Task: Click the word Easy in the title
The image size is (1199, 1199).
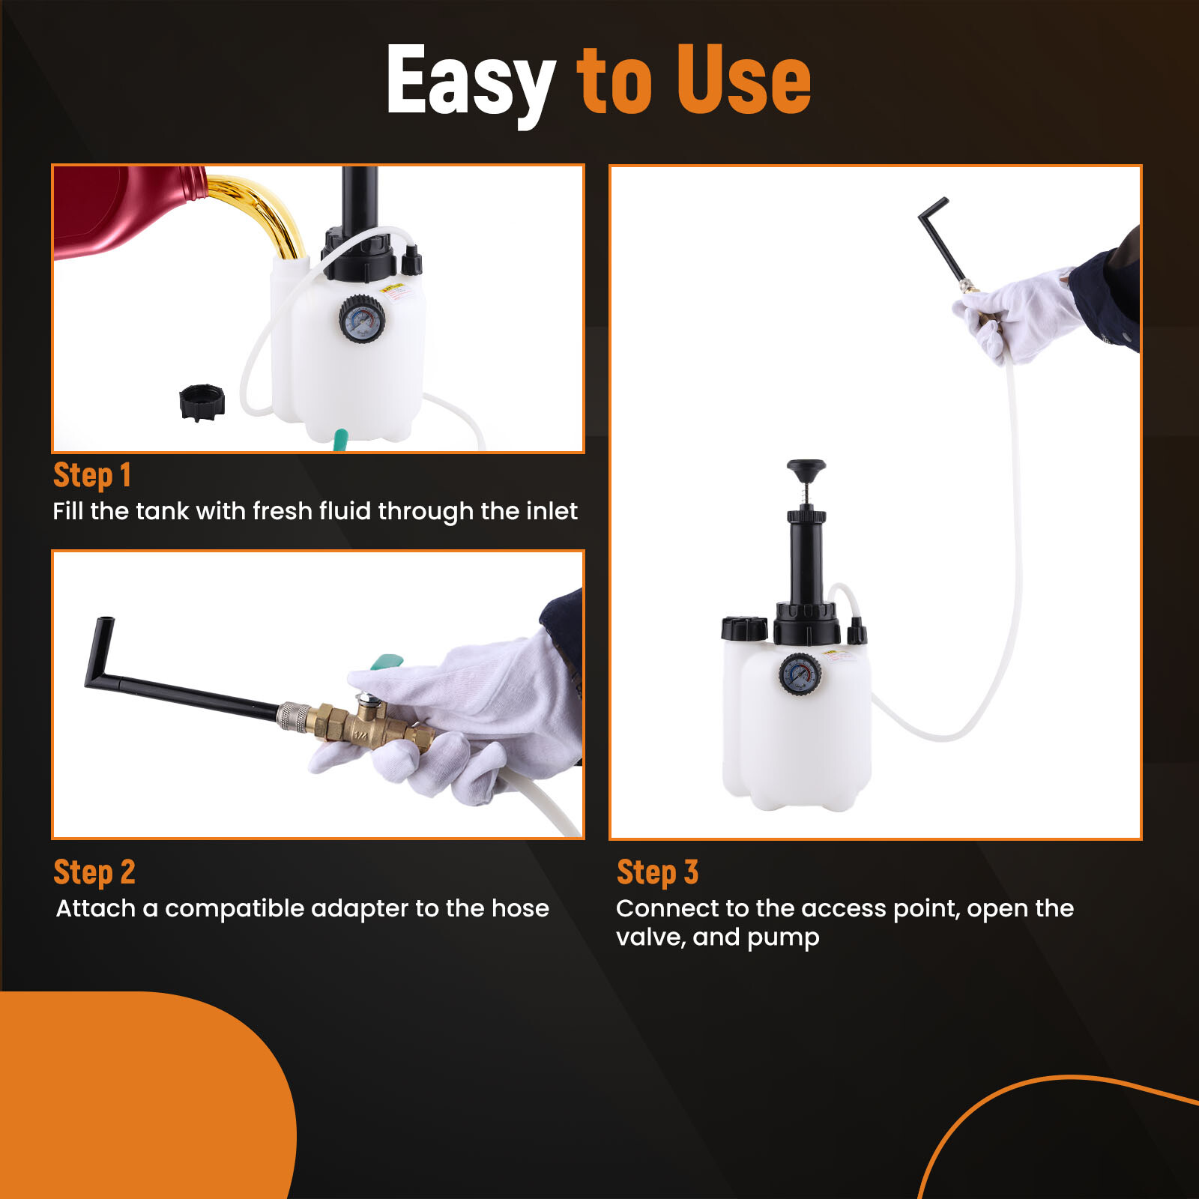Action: click(x=470, y=79)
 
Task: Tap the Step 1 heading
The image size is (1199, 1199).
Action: click(x=92, y=475)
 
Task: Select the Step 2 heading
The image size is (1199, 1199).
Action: click(x=94, y=872)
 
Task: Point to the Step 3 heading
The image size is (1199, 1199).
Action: click(x=657, y=872)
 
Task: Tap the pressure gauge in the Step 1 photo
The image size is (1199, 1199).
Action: click(x=362, y=319)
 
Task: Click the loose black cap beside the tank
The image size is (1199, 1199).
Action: click(x=202, y=402)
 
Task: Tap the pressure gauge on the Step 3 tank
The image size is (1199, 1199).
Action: click(x=800, y=674)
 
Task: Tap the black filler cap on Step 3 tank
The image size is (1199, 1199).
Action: click(x=743, y=628)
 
